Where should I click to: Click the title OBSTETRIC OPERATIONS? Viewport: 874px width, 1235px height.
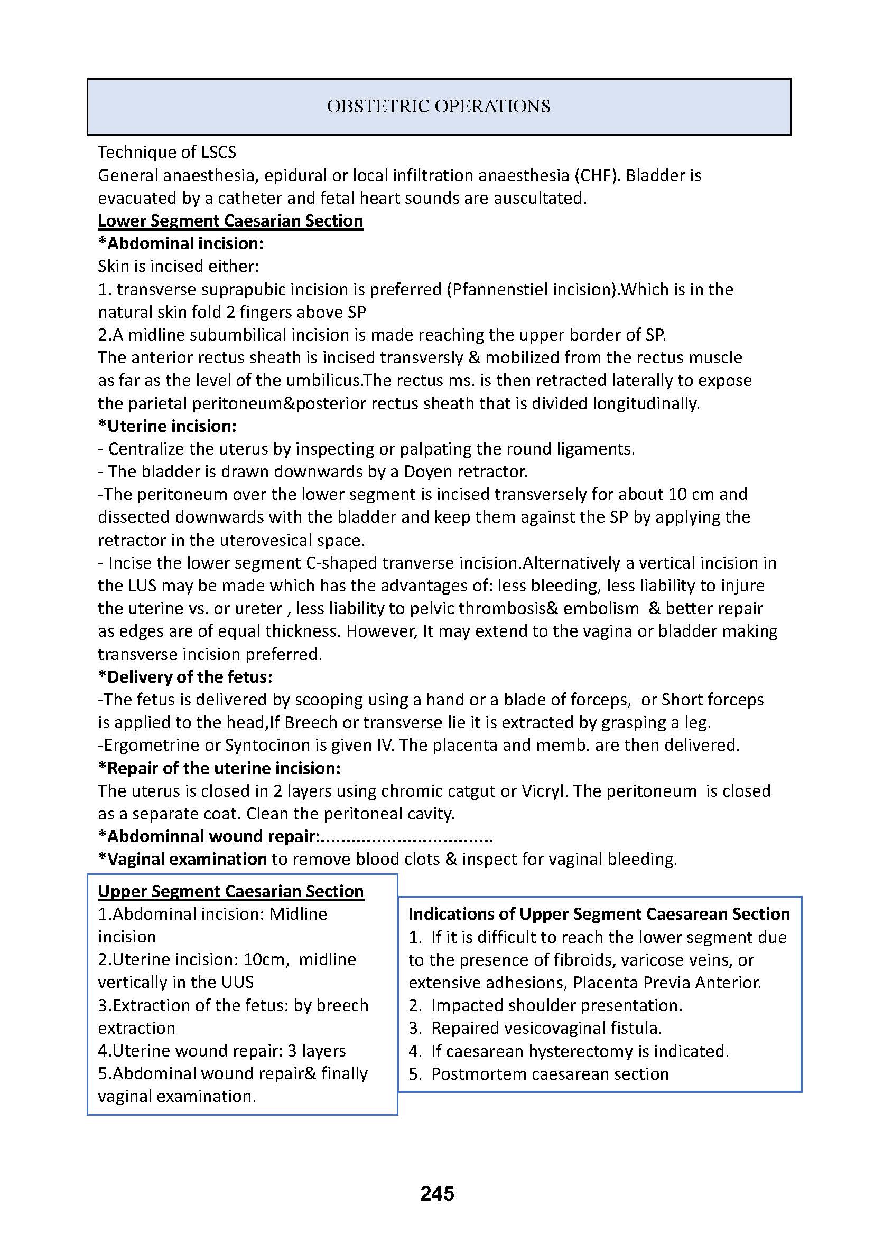[439, 107]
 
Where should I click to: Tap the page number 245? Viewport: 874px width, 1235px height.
[437, 1194]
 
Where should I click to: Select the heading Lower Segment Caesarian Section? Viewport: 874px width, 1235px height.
[230, 221]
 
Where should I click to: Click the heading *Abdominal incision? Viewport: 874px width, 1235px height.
[181, 243]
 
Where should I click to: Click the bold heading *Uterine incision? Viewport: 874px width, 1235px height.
[168, 426]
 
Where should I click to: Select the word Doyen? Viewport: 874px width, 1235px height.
[429, 472]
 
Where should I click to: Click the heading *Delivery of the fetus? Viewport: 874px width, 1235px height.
[185, 677]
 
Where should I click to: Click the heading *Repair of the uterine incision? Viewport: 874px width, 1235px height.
[219, 768]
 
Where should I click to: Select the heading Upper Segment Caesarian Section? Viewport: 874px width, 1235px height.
[231, 891]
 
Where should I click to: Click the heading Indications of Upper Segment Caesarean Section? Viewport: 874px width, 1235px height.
[599, 914]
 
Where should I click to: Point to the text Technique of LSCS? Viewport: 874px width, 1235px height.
[167, 152]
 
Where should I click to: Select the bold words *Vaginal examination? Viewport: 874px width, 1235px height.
[182, 859]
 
